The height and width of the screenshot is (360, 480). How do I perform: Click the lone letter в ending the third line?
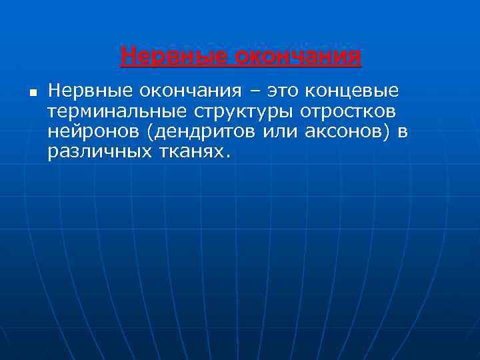pos(403,132)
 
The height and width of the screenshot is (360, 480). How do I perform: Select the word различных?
pos(96,153)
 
